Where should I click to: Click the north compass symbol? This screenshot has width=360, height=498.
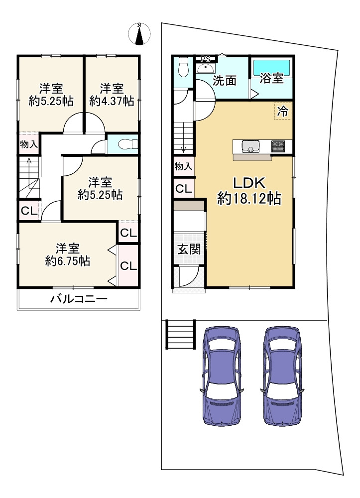pyautogui.click(x=139, y=33)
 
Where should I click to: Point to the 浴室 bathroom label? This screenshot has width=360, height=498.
pyautogui.click(x=272, y=79)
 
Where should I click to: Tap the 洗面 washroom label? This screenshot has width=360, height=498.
pyautogui.click(x=224, y=81)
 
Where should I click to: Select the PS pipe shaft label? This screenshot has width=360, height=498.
pyautogui.click(x=205, y=58)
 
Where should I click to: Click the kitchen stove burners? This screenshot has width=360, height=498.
pyautogui.click(x=278, y=146)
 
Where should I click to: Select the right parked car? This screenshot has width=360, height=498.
pyautogui.click(x=282, y=376)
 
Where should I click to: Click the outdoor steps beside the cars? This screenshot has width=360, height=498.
pyautogui.click(x=180, y=335)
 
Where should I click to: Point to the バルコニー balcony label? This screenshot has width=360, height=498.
pyautogui.click(x=78, y=299)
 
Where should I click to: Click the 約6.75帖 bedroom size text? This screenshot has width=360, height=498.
pyautogui.click(x=67, y=261)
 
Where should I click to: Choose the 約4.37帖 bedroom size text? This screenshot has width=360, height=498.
pyautogui.click(x=112, y=101)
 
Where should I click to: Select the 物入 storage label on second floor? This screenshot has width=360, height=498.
pyautogui.click(x=29, y=145)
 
